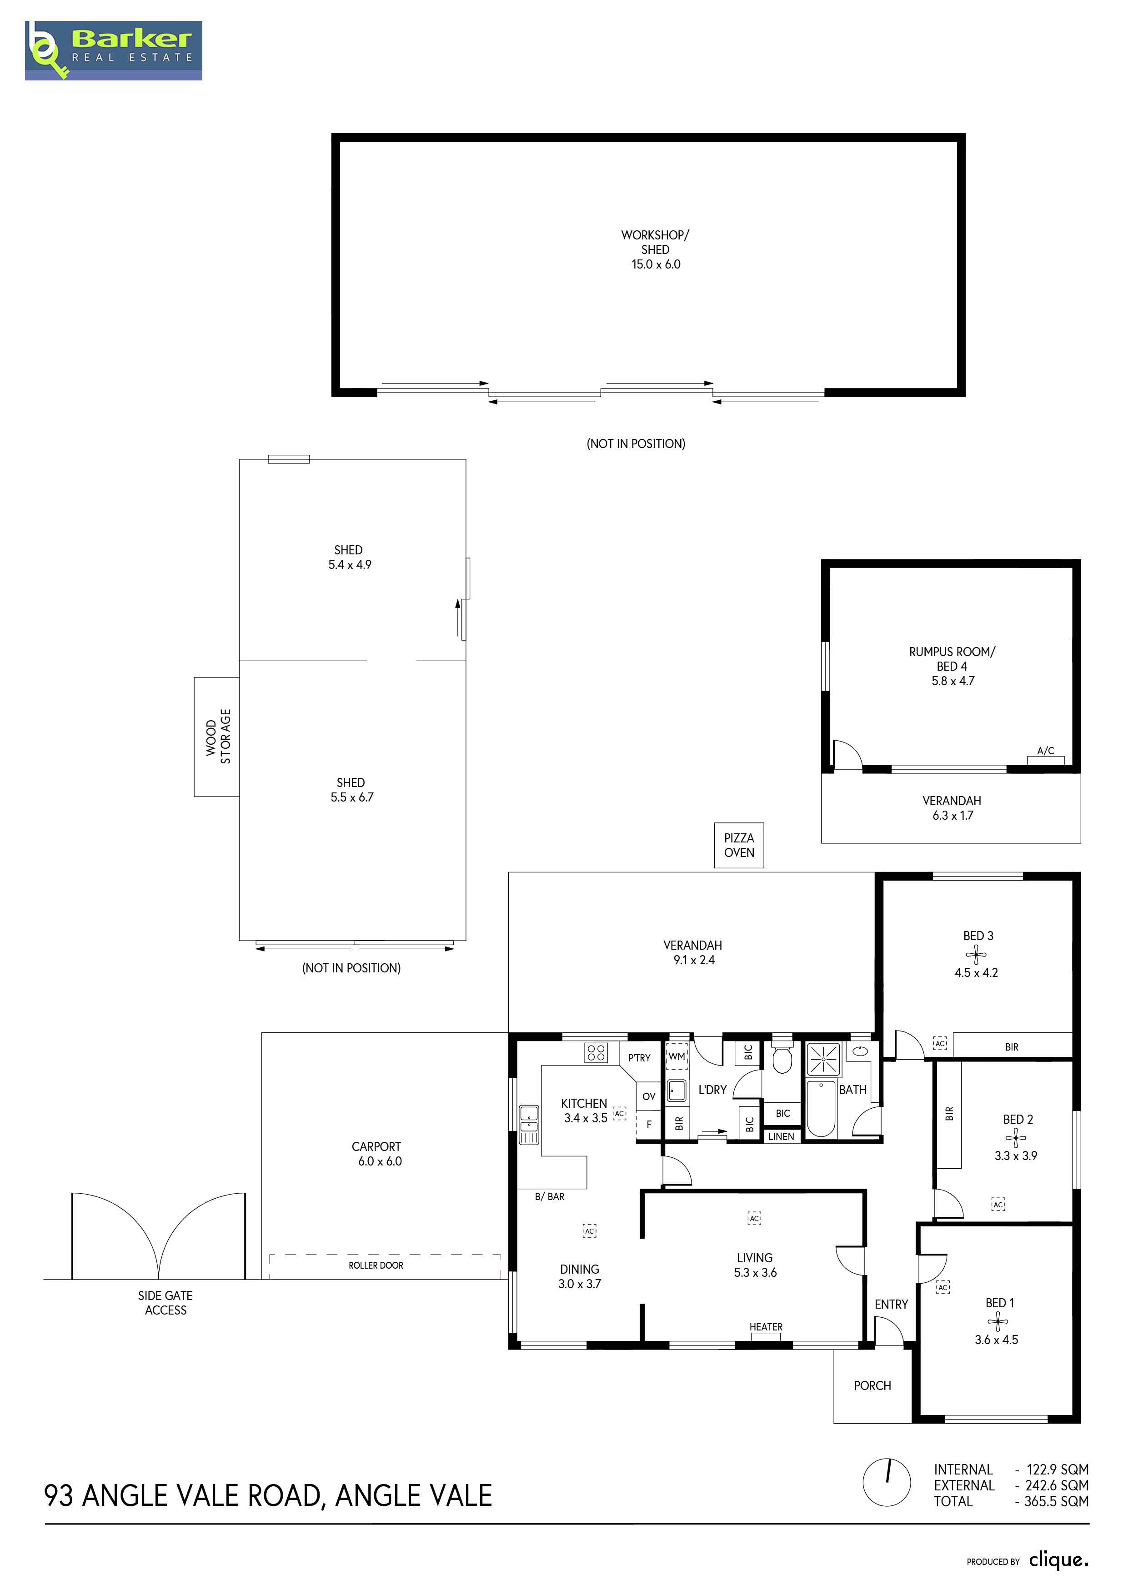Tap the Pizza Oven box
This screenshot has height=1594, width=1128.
pyautogui.click(x=739, y=845)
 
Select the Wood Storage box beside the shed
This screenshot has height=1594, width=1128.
pyautogui.click(x=217, y=737)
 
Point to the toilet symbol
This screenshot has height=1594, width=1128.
pyautogui.click(x=782, y=1056)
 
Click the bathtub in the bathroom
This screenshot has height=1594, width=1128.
pyautogui.click(x=821, y=1109)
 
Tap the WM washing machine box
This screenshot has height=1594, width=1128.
pyautogui.click(x=677, y=1056)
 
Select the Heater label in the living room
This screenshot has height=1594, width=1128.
pyautogui.click(x=766, y=1327)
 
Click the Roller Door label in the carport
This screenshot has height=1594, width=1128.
pyautogui.click(x=376, y=1265)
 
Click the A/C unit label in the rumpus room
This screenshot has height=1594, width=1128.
pyautogui.click(x=1045, y=751)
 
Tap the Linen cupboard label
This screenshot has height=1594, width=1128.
pyautogui.click(x=782, y=1136)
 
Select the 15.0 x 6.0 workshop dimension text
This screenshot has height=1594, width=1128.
pyautogui.click(x=656, y=264)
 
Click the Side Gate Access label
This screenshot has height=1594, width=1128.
pyautogui.click(x=165, y=1303)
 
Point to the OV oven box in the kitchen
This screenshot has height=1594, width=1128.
pyautogui.click(x=649, y=1097)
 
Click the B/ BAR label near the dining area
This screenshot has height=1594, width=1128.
pyautogui.click(x=549, y=1197)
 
